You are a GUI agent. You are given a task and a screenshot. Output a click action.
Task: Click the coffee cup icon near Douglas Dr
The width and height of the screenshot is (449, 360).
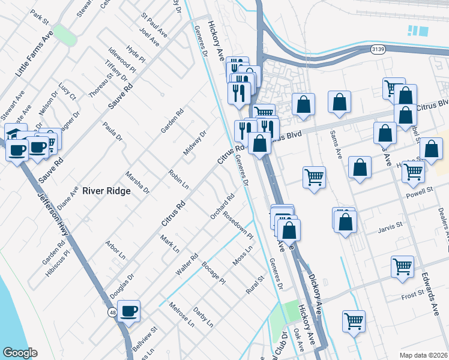128,311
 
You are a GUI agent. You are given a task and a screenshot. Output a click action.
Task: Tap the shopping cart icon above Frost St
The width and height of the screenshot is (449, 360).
402,266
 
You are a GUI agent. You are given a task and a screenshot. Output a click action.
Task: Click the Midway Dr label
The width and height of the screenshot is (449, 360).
194,142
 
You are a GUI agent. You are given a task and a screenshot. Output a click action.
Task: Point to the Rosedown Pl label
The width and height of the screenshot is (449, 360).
238,224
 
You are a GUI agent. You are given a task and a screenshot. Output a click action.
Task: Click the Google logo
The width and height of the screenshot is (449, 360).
20,353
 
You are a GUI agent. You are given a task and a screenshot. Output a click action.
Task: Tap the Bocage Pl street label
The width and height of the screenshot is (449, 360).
214,273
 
